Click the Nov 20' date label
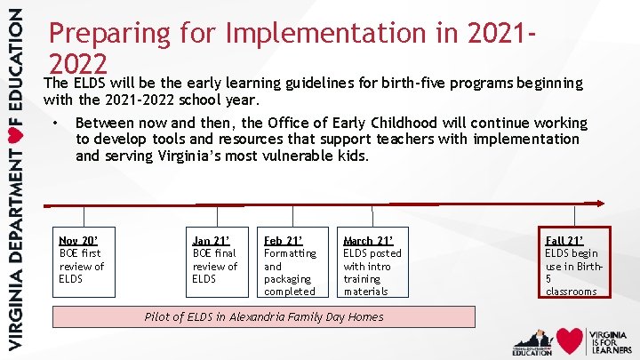pos(78,240)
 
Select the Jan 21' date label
pos(212,240)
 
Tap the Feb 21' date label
pos(284,240)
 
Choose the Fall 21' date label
pos(564,240)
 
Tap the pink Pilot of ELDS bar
pos(264,316)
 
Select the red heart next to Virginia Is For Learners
pos(570,340)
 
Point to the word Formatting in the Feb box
pos(290,253)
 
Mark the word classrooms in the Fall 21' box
pos(571,292)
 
